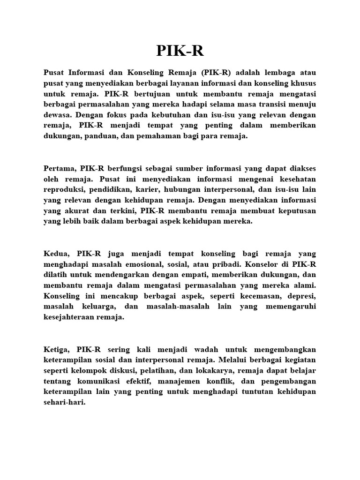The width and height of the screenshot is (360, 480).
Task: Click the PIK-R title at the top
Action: [180, 51]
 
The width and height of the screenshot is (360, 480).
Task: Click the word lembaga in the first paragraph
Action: [273, 73]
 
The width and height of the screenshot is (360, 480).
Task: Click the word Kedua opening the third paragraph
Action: [56, 254]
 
